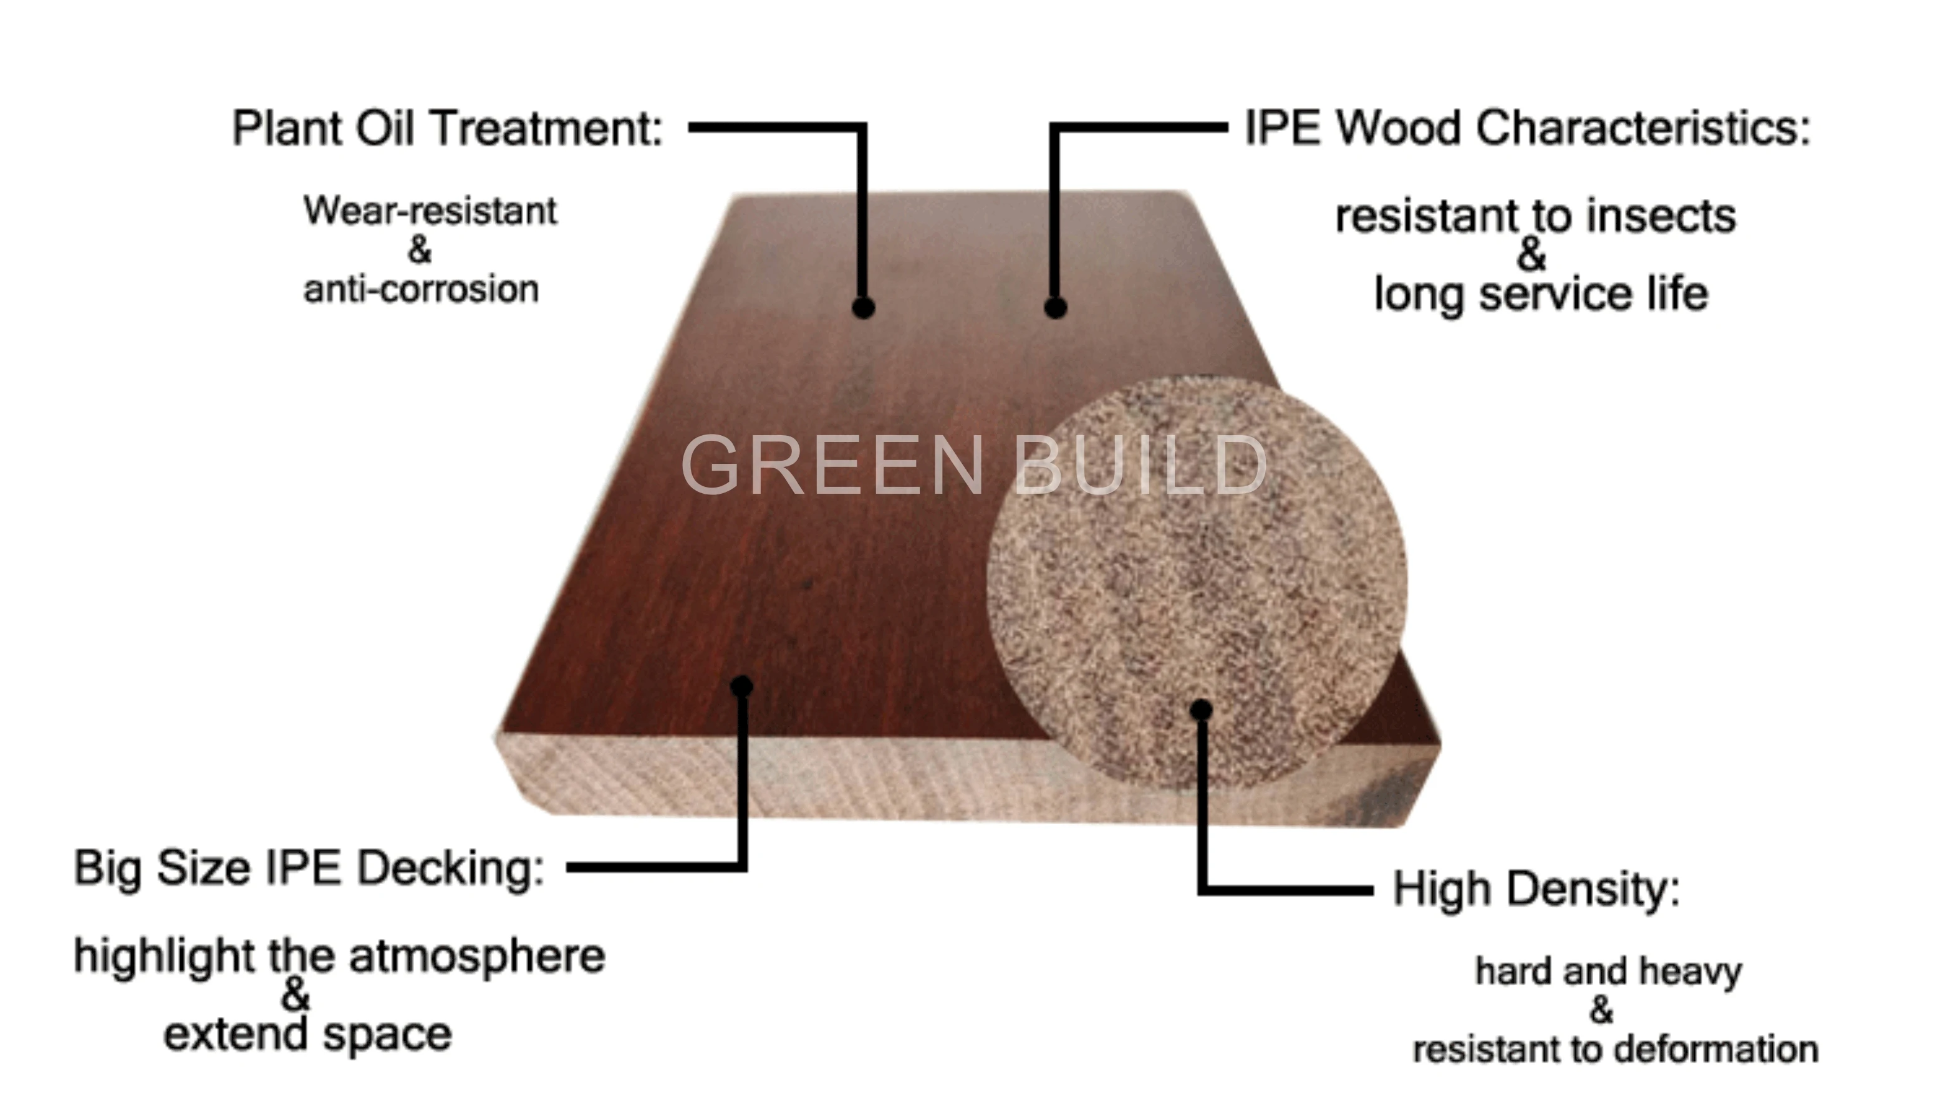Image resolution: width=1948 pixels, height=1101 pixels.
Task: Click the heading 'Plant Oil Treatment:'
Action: (447, 128)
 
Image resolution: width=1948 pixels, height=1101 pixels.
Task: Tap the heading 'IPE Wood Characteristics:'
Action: (1528, 128)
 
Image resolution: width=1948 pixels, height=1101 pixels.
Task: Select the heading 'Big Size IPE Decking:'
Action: (309, 868)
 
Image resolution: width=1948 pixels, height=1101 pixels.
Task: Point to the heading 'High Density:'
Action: (1536, 888)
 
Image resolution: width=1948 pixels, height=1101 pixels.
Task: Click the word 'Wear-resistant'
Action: (430, 211)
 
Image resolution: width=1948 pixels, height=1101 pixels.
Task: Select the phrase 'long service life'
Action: (1540, 294)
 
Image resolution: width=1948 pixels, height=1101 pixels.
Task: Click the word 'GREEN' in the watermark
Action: (832, 465)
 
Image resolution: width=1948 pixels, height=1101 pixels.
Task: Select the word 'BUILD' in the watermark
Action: (1140, 465)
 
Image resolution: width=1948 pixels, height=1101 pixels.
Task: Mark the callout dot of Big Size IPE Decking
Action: (742, 686)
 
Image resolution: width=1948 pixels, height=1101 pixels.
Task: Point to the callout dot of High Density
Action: (1201, 709)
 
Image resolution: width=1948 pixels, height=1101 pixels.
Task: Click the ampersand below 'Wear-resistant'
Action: (420, 249)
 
